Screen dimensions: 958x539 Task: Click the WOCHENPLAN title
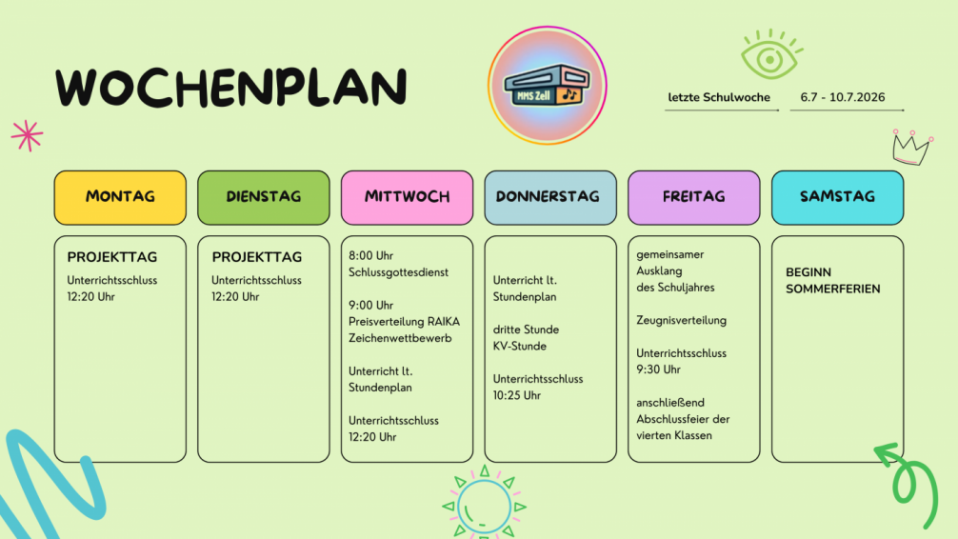coord(231,87)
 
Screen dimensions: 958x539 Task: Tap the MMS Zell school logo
coord(547,86)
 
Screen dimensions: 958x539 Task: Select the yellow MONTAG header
coord(120,197)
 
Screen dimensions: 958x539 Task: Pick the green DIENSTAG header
coord(264,197)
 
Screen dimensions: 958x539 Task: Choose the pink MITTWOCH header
coord(407,197)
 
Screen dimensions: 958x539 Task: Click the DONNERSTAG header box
coord(550,197)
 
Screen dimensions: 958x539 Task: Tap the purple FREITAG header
coord(694,197)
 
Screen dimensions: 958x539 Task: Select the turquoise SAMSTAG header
coord(838,197)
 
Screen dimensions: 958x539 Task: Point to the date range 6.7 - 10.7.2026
coord(843,97)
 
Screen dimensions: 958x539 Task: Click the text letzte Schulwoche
coord(718,97)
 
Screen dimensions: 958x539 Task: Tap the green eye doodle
coord(771,55)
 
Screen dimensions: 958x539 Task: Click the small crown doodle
coord(912,148)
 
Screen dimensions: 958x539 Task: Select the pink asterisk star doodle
coord(27,135)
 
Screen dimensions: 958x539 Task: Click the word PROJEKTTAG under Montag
coord(111,257)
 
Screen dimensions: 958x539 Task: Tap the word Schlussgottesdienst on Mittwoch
coord(398,272)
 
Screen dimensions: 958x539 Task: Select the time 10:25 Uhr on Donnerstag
coord(516,395)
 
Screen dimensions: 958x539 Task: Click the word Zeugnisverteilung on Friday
coord(681,320)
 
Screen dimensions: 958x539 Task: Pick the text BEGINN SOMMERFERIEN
coord(832,281)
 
